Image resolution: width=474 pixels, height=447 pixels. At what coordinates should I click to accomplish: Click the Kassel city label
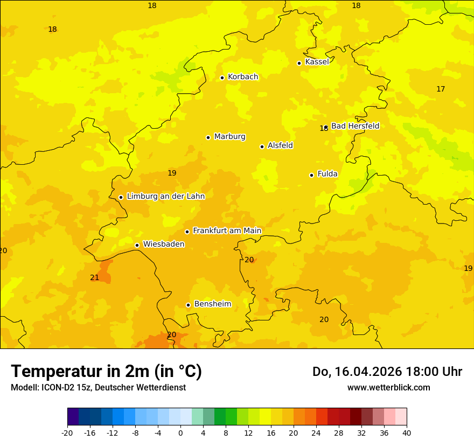coord(317,62)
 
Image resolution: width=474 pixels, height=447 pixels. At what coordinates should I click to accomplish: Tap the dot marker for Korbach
coord(222,78)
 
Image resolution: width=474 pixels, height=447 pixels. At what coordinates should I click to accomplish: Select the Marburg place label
coord(229,137)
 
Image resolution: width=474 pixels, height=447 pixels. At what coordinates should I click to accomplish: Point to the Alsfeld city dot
coord(262,146)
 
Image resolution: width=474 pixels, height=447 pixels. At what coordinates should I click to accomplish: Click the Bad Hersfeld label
coord(355,126)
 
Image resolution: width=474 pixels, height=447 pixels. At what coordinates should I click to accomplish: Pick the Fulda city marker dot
coord(311,175)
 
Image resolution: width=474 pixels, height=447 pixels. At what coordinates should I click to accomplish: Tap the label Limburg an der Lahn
coord(165,197)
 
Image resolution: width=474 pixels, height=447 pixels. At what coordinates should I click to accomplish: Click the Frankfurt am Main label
coord(227,231)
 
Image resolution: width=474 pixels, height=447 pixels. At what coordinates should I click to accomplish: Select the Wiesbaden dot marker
coord(137,245)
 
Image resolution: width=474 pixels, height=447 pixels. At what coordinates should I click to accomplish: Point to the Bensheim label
coord(212,304)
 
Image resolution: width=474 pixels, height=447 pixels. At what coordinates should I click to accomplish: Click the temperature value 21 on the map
coord(94,277)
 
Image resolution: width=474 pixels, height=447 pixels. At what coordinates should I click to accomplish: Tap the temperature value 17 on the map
coord(441,89)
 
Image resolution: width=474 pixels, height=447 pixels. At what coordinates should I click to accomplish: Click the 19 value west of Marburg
coord(172,173)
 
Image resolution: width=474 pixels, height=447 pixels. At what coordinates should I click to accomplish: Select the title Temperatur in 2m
coord(106,371)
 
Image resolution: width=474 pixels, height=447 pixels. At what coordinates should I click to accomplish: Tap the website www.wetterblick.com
coord(388,387)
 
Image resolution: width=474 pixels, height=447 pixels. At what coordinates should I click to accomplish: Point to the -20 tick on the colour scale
coord(67,432)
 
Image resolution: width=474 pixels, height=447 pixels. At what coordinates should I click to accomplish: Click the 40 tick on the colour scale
coord(407,432)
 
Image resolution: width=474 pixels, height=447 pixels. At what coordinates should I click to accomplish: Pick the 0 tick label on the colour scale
coord(180,432)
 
